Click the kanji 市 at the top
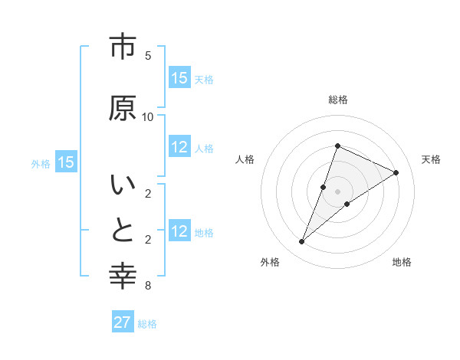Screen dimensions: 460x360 pos(123,47)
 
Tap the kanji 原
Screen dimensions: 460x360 pos(123,108)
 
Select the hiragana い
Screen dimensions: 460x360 pos(123,185)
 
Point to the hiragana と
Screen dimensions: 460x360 pos(123,231)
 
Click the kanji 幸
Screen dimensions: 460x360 pos(123,276)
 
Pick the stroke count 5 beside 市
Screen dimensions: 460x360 pos(148,56)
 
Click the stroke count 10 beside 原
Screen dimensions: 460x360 pos(148,116)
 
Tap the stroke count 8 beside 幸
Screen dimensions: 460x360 pos(148,286)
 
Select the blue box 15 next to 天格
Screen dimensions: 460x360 pos(179,78)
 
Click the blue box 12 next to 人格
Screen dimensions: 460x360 pos(179,148)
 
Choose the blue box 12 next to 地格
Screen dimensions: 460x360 pos(179,231)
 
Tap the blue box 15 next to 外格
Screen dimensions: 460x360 pos(65,162)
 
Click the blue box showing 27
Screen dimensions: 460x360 pos(123,322)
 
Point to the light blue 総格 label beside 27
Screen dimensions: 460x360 pos(148,324)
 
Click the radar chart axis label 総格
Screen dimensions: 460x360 pos(338,100)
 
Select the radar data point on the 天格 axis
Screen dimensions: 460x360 pos(396,172)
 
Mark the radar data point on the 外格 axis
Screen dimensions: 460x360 pos(302,242)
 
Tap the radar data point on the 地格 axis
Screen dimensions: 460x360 pos(347,204)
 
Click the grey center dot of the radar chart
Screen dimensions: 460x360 pos(338,191)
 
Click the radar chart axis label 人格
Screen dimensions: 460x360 pos(245,159)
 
